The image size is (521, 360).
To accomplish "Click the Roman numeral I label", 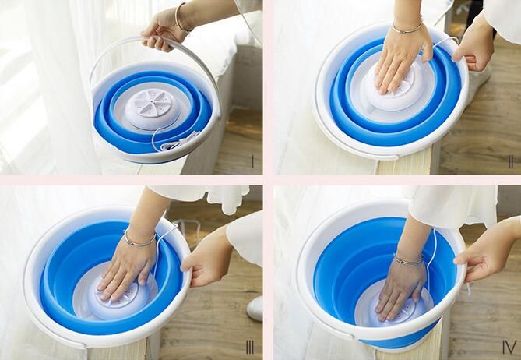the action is click(252, 162).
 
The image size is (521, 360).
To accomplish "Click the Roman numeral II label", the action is click(511, 161).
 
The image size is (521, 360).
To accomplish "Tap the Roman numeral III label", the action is click(249, 348).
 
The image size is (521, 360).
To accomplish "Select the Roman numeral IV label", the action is click(509, 348).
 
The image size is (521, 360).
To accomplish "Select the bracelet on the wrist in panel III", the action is click(139, 239).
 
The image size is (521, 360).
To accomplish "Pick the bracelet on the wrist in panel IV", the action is click(408, 259).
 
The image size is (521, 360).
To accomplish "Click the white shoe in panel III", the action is click(255, 309).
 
